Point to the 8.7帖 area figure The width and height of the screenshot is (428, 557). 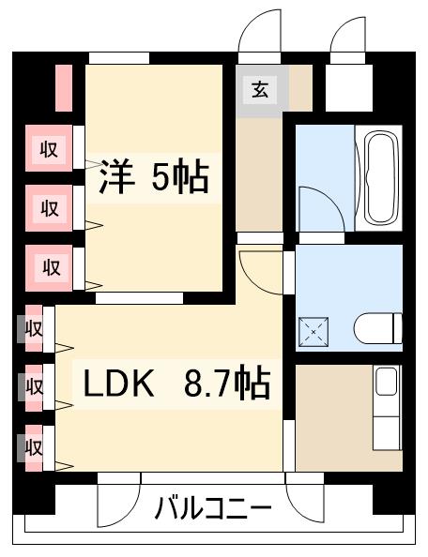(225, 384)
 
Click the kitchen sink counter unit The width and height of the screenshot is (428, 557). (387, 408)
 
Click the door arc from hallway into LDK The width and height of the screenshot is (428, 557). (256, 272)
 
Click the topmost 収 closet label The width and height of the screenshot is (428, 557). (49, 148)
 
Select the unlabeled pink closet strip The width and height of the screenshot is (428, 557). (64, 86)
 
